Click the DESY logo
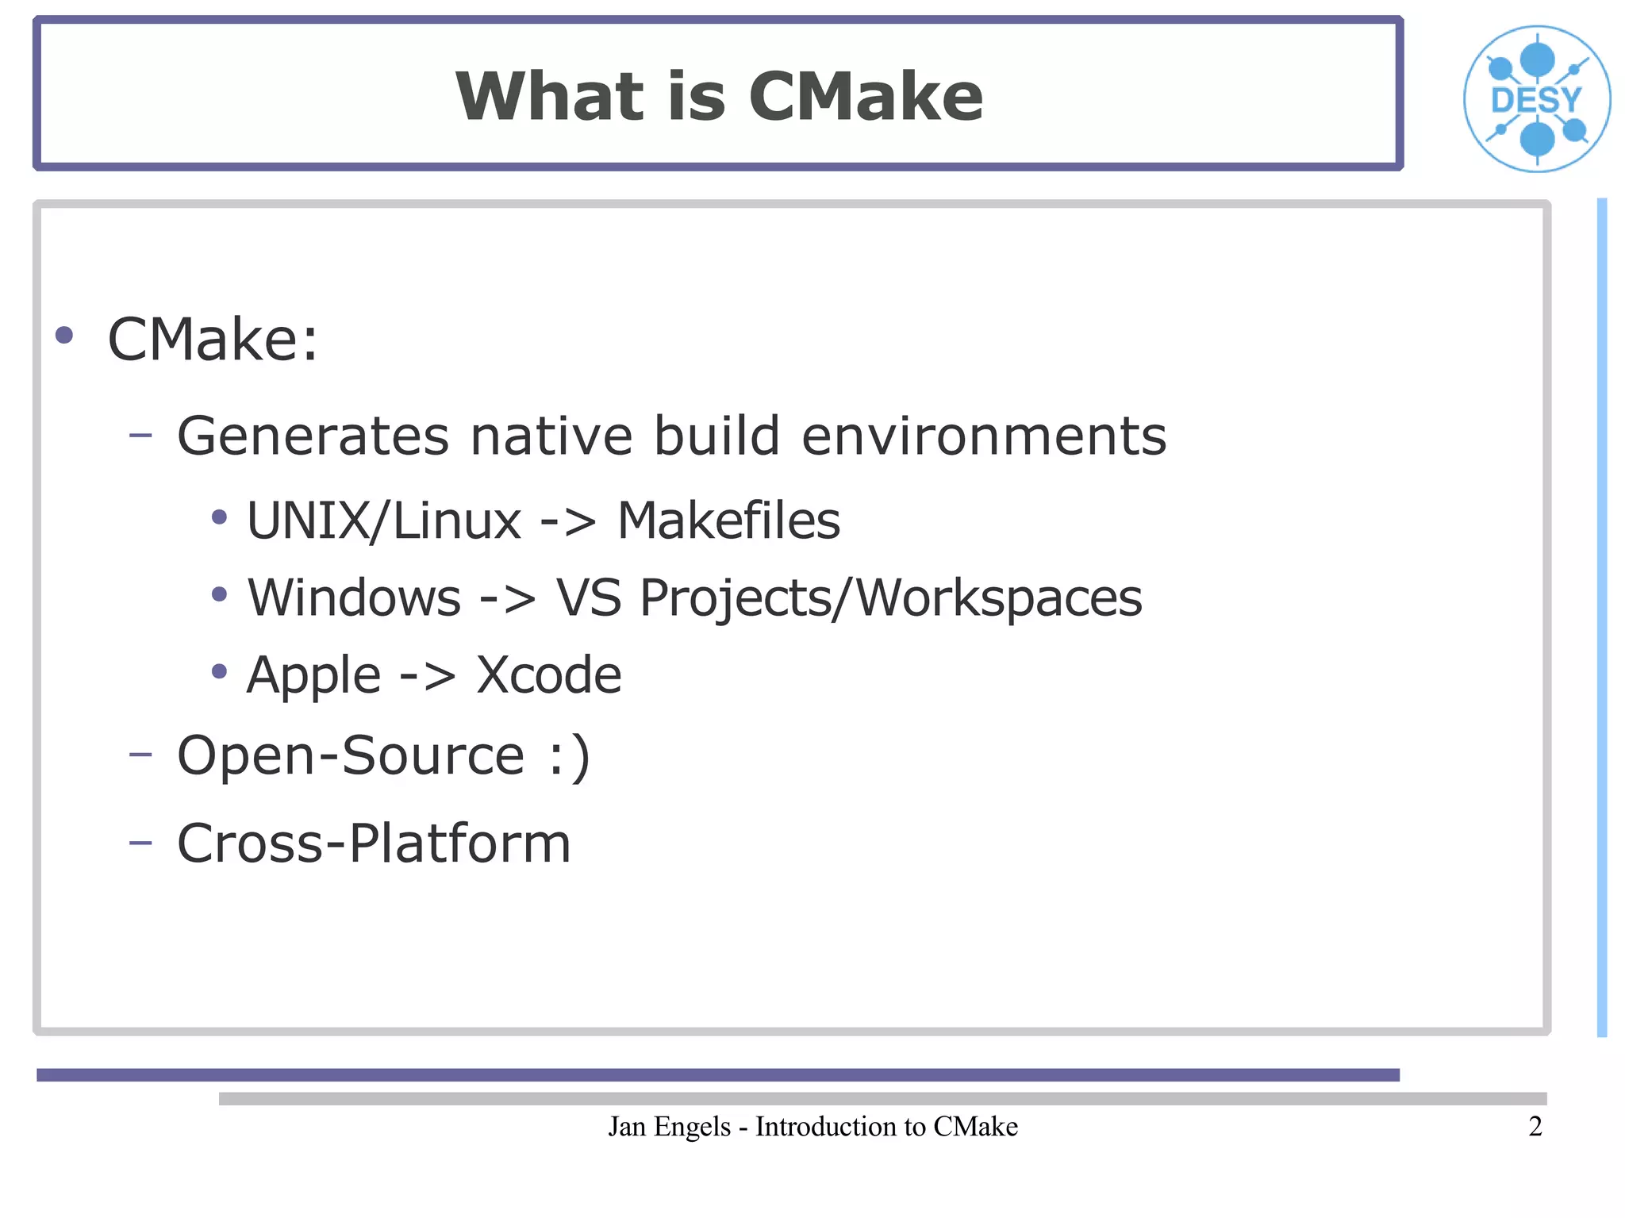pyautogui.click(x=1536, y=99)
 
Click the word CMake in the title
pyautogui.click(x=865, y=97)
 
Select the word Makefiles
pyautogui.click(x=728, y=521)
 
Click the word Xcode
pyautogui.click(x=548, y=675)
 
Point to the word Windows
pyautogui.click(x=354, y=597)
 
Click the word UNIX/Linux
pyautogui.click(x=384, y=521)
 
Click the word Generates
pyautogui.click(x=313, y=436)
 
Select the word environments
pyautogui.click(x=984, y=436)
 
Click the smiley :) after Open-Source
pyautogui.click(x=569, y=755)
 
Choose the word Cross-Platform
pyautogui.click(x=374, y=843)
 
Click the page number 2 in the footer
pyautogui.click(x=1535, y=1126)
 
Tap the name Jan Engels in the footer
pyautogui.click(x=669, y=1127)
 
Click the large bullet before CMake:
pyautogui.click(x=64, y=335)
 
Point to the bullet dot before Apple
pyautogui.click(x=220, y=672)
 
